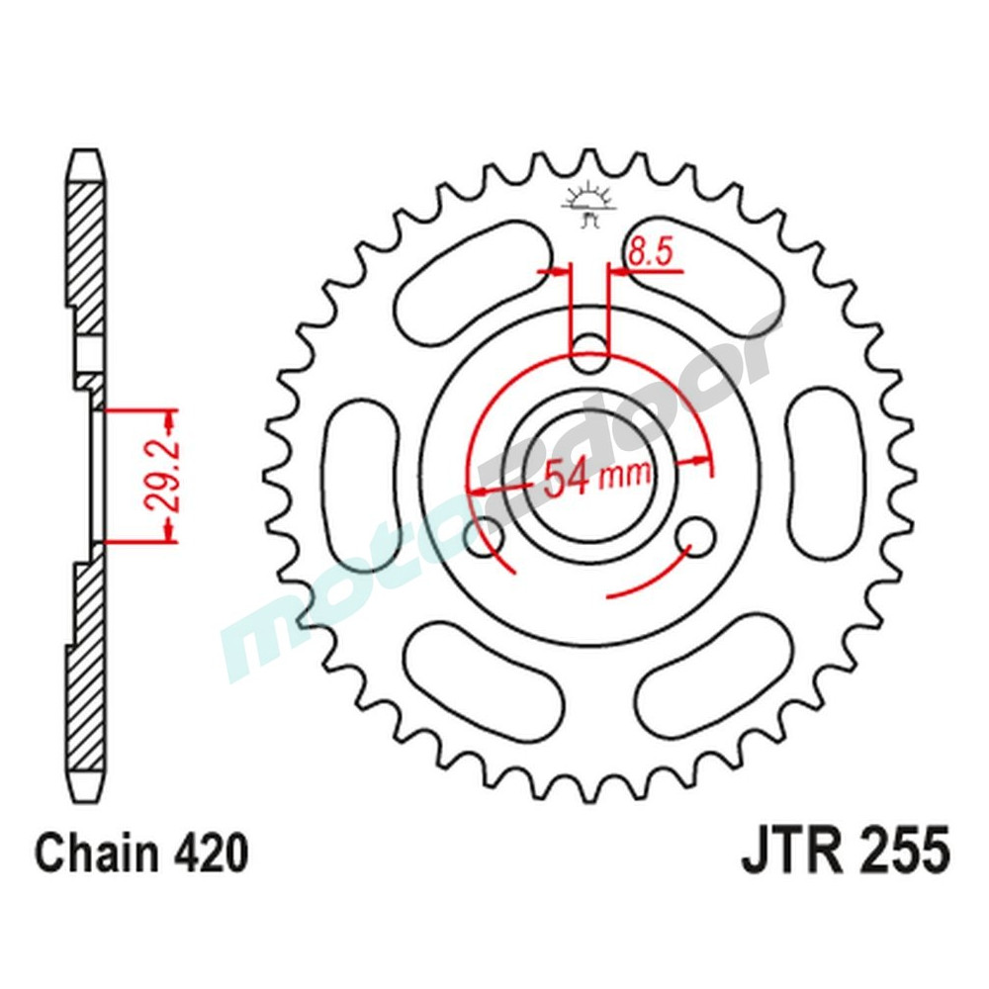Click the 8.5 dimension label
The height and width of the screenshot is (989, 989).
[649, 253]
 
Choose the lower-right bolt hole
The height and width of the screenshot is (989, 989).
[699, 536]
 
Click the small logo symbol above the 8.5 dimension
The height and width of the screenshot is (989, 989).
[587, 203]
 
